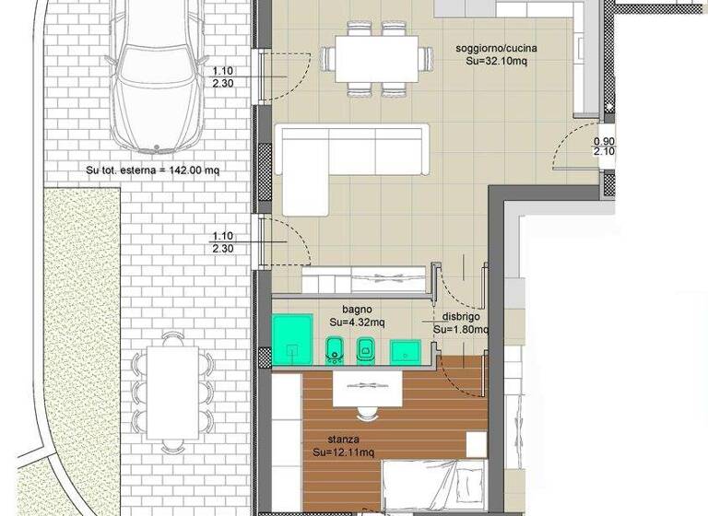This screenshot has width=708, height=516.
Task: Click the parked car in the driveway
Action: pyautogui.click(x=156, y=78)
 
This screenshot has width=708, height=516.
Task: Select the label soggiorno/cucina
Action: pyautogui.click(x=497, y=49)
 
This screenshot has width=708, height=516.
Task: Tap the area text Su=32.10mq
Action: pyautogui.click(x=497, y=63)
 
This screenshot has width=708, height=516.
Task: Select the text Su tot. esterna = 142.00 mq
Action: pyautogui.click(x=153, y=170)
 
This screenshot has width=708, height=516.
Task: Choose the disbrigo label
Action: pyautogui.click(x=460, y=315)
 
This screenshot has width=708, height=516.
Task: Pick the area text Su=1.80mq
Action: pyautogui.click(x=458, y=328)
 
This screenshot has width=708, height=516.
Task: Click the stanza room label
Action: pyautogui.click(x=343, y=440)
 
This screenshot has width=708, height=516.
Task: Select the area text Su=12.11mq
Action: pyautogui.click(x=343, y=453)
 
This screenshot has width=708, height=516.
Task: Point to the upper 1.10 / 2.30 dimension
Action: pyautogui.click(x=222, y=76)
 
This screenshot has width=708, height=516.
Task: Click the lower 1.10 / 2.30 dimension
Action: pyautogui.click(x=222, y=241)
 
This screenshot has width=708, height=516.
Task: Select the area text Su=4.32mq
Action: pyautogui.click(x=356, y=323)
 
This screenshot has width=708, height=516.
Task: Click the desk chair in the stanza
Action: pyautogui.click(x=366, y=409)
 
